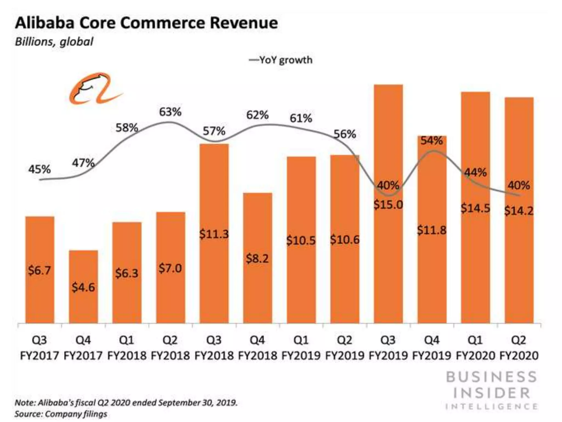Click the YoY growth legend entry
281,60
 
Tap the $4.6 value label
83,287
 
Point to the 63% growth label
170,112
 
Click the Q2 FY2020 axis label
519,348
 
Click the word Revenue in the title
244,23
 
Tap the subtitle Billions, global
54,42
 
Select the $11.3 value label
214,234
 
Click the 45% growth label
40,169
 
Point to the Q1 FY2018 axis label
127,348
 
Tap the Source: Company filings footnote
61,414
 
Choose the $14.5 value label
475,208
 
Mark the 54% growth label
431,141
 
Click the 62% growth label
257,115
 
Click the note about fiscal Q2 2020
126,403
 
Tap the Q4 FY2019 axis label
432,348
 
